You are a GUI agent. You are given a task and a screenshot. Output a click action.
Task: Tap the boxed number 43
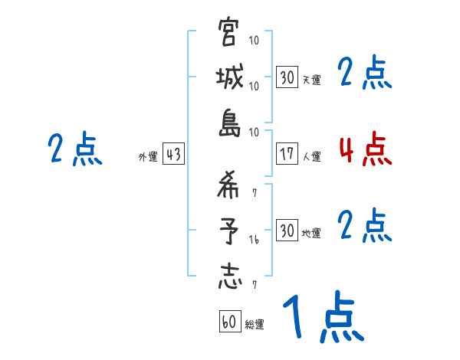(172, 155)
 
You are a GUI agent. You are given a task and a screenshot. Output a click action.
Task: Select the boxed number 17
(287, 155)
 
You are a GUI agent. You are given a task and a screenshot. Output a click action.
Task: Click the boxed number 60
(229, 322)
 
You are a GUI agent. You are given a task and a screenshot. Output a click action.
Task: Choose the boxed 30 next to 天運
(287, 77)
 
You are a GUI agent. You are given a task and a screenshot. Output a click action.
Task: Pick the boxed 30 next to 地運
(287, 230)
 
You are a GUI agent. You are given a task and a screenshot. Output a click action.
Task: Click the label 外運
(148, 157)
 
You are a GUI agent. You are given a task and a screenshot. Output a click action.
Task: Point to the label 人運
(312, 157)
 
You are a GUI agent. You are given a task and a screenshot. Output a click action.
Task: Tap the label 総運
(255, 325)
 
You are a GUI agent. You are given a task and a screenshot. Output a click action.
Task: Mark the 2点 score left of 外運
(75, 149)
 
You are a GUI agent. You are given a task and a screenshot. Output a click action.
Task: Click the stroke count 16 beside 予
(255, 240)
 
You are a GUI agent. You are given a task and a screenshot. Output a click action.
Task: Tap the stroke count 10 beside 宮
(255, 41)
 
